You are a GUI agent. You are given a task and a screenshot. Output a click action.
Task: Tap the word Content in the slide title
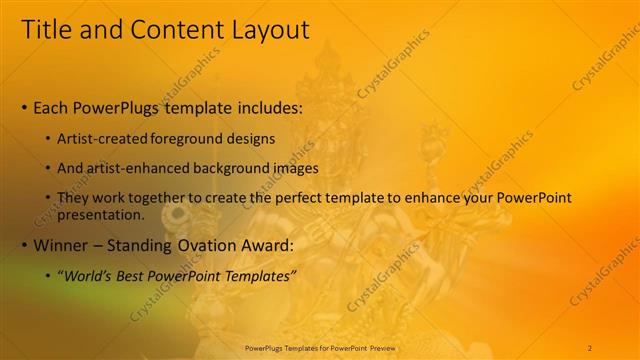(x=169, y=31)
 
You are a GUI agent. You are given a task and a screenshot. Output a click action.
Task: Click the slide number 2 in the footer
(x=590, y=347)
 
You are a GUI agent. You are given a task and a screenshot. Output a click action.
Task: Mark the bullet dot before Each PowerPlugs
(x=25, y=108)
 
